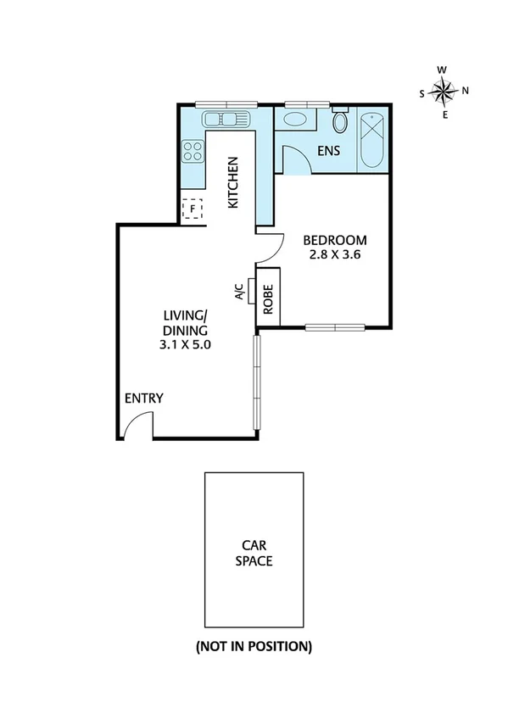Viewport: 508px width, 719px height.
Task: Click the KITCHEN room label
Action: coord(233,182)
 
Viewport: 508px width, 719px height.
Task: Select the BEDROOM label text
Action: coord(335,239)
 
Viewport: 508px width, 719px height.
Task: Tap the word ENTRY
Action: coord(143,399)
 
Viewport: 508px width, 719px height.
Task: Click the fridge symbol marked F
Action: coord(193,208)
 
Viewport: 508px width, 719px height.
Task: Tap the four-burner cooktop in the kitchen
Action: coord(193,151)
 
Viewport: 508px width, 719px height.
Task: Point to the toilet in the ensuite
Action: coord(340,123)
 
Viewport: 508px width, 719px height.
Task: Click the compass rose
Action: coord(444,91)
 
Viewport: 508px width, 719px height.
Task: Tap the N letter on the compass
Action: coord(465,91)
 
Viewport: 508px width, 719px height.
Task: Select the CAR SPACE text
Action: coord(254,554)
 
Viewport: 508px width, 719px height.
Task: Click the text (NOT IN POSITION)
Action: coord(254,646)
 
